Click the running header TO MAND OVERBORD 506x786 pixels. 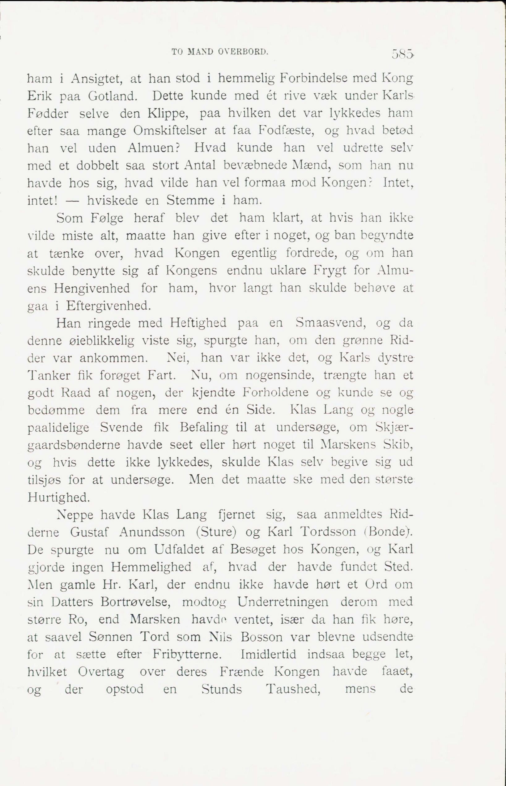[220, 52]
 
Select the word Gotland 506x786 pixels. [113, 96]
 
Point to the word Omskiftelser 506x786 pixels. [170, 131]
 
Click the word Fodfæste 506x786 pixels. [286, 131]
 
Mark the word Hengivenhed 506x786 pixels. [92, 289]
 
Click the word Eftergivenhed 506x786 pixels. [109, 306]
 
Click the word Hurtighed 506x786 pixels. [58, 498]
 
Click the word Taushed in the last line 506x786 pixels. [293, 690]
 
